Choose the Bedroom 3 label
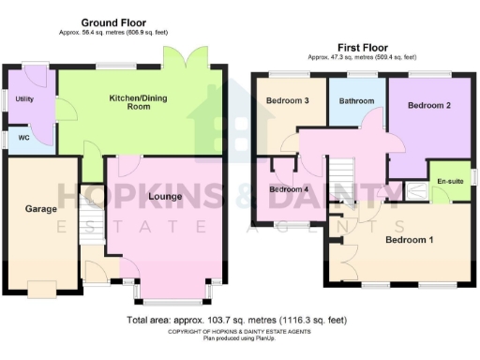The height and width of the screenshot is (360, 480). point(288,100)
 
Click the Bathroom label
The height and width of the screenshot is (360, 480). point(357,101)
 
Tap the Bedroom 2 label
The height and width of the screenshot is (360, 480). point(429,106)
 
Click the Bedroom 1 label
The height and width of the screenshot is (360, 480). point(409,239)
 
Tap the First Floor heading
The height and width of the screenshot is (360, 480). point(363,47)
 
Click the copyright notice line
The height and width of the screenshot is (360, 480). point(239,332)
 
